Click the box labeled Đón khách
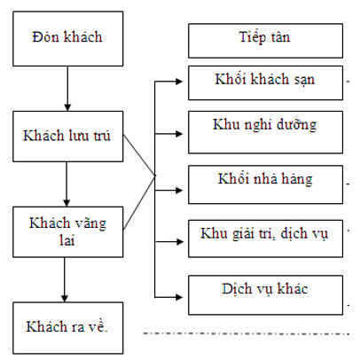click(x=68, y=39)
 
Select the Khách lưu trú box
click(x=68, y=137)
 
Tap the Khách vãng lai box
click(x=68, y=231)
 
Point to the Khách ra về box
click(x=68, y=328)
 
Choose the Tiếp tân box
click(x=265, y=41)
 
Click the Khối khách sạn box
click(x=265, y=82)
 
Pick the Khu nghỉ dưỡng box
click(x=265, y=132)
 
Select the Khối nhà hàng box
click(x=265, y=184)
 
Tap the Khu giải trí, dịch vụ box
click(x=265, y=239)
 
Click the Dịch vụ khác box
click(x=265, y=295)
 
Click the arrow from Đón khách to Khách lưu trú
click(x=67, y=89)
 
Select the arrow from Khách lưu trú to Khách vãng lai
click(x=67, y=184)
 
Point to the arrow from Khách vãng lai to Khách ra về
click(x=65, y=279)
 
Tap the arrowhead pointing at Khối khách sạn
click(x=179, y=82)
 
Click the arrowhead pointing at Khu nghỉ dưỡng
click(x=179, y=134)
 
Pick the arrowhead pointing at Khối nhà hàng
click(x=179, y=191)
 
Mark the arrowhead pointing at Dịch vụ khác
click(x=179, y=297)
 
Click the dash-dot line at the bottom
click(x=247, y=333)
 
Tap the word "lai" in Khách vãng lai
click(x=67, y=240)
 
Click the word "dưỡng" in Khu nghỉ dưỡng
click(x=296, y=125)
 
